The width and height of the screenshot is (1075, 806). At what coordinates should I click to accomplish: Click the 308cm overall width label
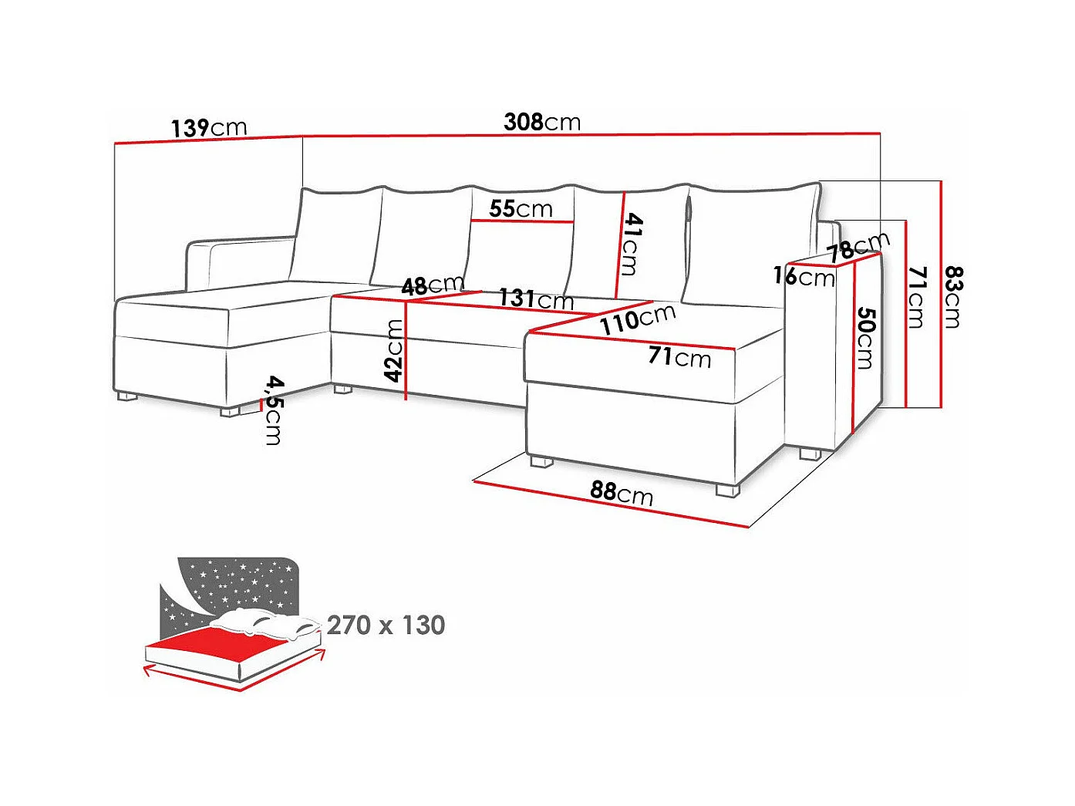542,122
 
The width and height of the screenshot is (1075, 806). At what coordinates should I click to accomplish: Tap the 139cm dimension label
208,127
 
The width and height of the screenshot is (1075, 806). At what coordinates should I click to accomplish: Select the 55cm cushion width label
521,208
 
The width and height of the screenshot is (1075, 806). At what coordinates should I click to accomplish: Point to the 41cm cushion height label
632,244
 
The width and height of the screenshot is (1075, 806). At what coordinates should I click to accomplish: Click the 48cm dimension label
432,285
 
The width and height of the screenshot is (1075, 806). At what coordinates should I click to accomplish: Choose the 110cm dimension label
638,319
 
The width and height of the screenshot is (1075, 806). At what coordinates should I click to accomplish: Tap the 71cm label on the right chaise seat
679,356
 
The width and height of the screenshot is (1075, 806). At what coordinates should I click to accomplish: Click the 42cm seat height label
394,351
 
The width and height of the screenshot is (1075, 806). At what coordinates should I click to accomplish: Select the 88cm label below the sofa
622,492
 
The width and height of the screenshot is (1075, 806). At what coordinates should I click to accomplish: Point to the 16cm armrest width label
804,275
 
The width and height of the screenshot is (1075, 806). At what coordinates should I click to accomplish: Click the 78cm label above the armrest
858,247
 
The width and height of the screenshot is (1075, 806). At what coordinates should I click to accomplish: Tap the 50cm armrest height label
865,338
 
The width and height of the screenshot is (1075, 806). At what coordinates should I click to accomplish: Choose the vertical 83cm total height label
953,297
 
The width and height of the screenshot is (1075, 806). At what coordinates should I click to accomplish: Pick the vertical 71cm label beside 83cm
916,297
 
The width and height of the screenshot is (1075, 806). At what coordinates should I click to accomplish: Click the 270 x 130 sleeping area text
386,625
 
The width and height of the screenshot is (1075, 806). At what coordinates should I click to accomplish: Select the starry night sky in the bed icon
239,582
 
